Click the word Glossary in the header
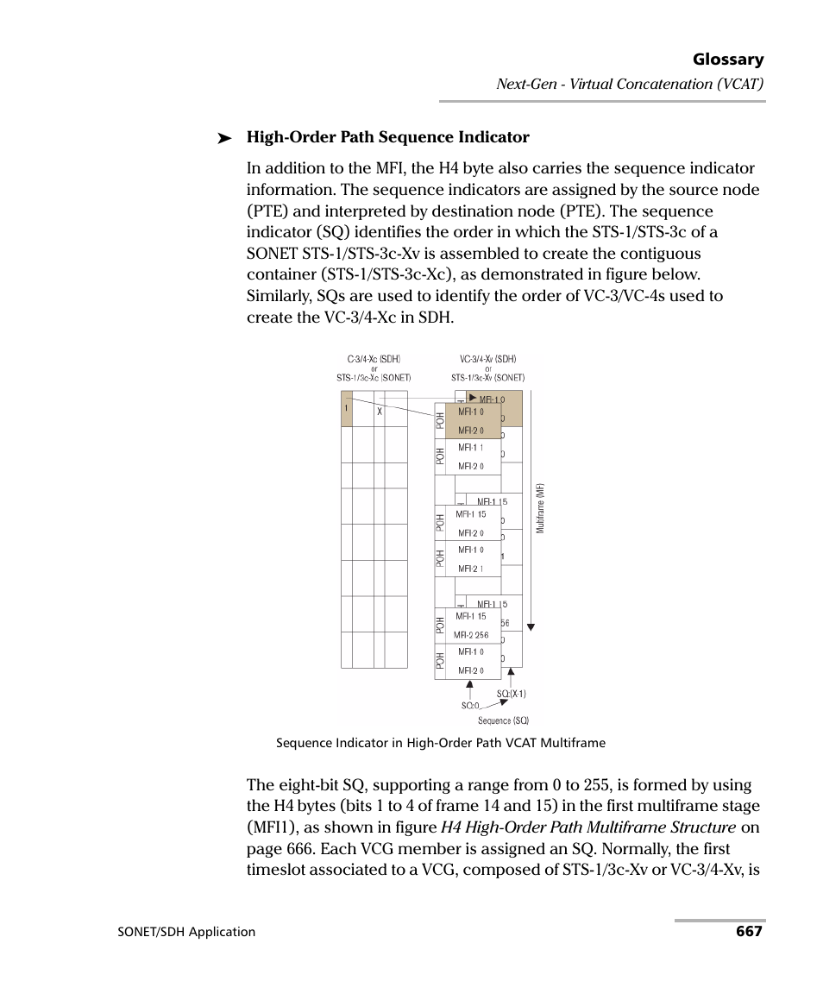pyautogui.click(x=727, y=60)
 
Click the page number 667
pyautogui.click(x=749, y=931)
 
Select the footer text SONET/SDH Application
pyautogui.click(x=186, y=932)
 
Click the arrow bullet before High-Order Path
pyautogui.click(x=225, y=138)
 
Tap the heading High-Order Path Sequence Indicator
pyautogui.click(x=387, y=137)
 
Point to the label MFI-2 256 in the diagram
pyautogui.click(x=472, y=635)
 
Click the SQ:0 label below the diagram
pyautogui.click(x=469, y=705)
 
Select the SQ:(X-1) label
pyautogui.click(x=511, y=694)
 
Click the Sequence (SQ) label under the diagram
pyautogui.click(x=503, y=720)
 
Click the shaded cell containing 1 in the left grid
pyautogui.click(x=347, y=409)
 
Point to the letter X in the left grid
pyautogui.click(x=379, y=412)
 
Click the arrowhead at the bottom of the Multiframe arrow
pyautogui.click(x=532, y=628)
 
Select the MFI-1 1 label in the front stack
pyautogui.click(x=470, y=448)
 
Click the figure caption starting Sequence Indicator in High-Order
pyautogui.click(x=440, y=743)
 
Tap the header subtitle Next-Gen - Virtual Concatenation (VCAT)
pyautogui.click(x=630, y=84)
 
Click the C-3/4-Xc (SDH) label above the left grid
pyautogui.click(x=374, y=359)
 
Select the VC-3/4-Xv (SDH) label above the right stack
pyautogui.click(x=487, y=359)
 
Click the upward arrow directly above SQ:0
pyautogui.click(x=469, y=689)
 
